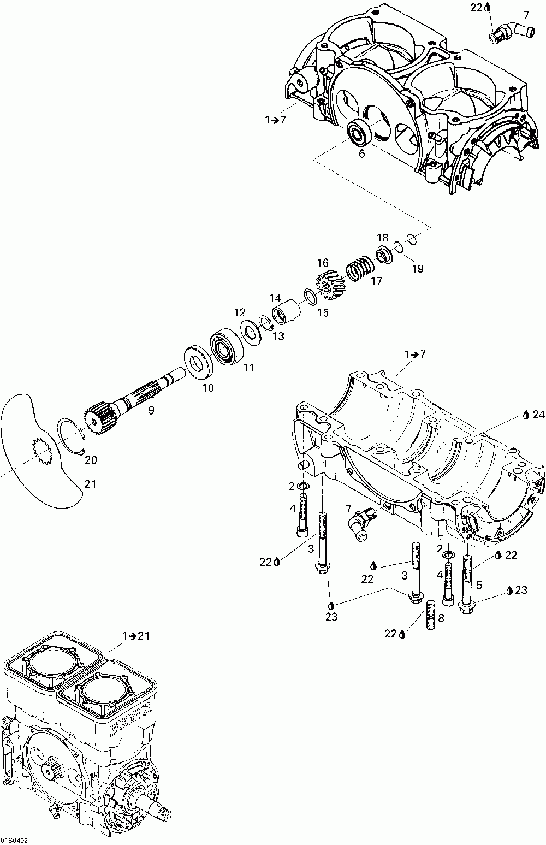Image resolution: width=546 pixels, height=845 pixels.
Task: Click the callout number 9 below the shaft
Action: point(151,410)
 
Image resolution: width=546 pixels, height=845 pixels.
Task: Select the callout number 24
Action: point(538,415)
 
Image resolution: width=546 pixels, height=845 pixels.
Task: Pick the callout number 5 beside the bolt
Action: point(479,586)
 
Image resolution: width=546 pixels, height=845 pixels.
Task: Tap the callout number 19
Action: point(418,269)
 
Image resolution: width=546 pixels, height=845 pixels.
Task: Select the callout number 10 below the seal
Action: point(208,388)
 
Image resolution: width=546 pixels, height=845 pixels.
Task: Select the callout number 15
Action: point(323,312)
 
